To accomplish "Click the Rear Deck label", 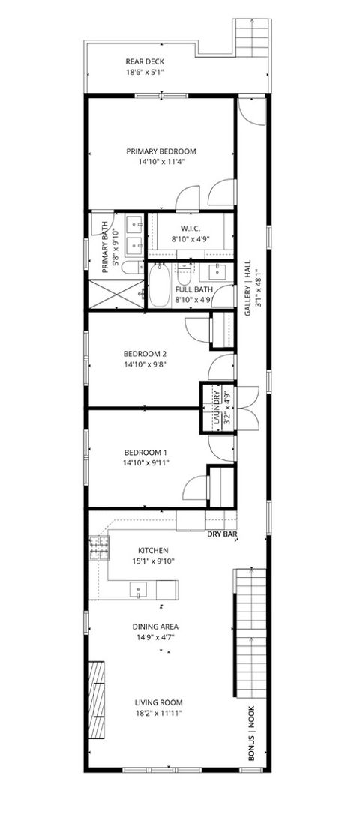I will (145, 62).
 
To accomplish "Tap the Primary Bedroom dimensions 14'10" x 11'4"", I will (160, 161).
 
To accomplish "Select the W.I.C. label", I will (189, 229).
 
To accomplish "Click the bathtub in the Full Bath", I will (159, 286).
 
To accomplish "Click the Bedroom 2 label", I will (145, 354).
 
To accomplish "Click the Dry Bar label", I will (222, 534).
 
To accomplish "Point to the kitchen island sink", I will (139, 591).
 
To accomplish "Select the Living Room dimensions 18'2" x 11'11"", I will (158, 713).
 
